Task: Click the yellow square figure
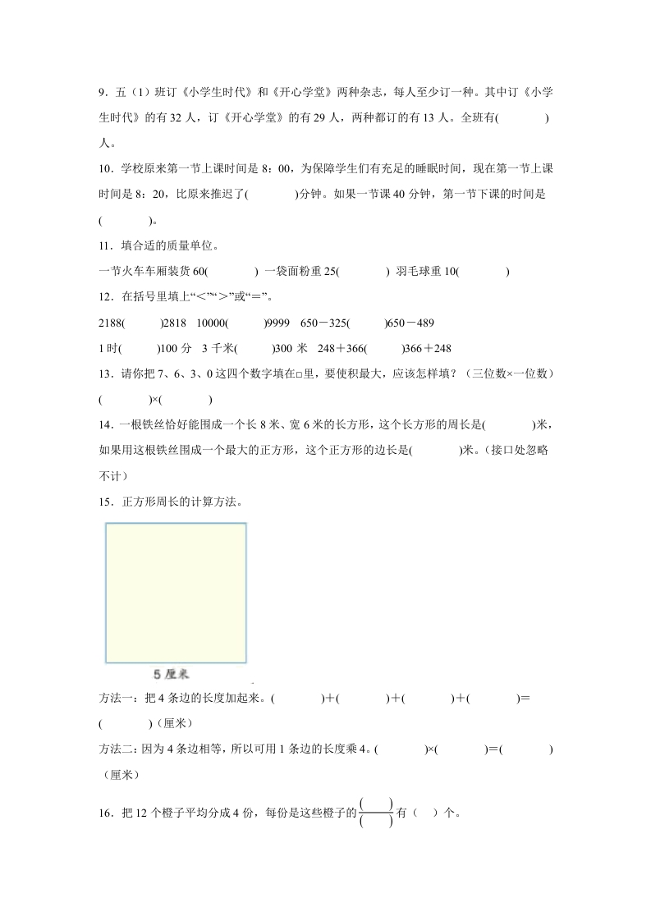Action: click(x=176, y=593)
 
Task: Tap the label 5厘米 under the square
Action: click(x=172, y=674)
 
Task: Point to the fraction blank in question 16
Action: click(x=376, y=813)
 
